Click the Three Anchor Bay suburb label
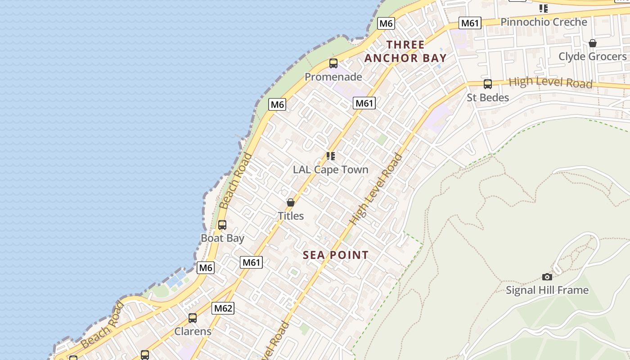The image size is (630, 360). pos(405,51)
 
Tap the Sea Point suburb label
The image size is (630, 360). pos(336,255)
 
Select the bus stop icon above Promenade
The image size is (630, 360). pos(333,63)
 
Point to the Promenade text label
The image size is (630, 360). pos(333,77)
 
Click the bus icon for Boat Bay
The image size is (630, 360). pos(222,225)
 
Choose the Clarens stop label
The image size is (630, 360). pos(193,332)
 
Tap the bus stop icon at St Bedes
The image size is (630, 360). pos(487,84)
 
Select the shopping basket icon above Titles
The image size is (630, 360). pos(291,203)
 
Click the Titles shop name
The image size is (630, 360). pos(291,216)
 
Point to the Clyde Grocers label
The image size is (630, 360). pos(592,57)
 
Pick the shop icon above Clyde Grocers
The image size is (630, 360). pos(593,43)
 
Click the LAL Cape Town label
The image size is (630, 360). pos(331,170)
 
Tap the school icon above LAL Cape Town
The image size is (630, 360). pos(331,156)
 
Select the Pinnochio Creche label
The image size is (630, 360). pos(544,22)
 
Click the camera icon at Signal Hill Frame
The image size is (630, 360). pos(547,277)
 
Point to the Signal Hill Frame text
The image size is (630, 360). pos(547,290)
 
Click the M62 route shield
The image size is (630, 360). pos(223,308)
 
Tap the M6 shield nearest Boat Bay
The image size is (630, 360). pos(206,268)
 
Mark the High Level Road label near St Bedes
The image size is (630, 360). pos(550,83)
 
